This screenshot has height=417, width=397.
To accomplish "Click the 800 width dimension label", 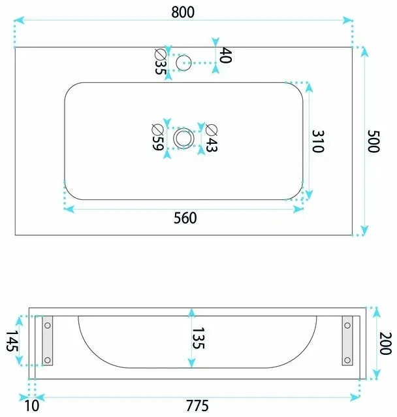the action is (x=183, y=12).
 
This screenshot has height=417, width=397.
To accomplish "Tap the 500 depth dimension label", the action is (x=373, y=141).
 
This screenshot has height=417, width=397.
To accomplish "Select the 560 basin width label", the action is (x=185, y=218).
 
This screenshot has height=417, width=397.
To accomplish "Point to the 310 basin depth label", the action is (x=318, y=141).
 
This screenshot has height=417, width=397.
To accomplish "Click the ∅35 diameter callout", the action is (x=161, y=61).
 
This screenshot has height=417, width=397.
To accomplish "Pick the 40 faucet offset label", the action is (x=226, y=56).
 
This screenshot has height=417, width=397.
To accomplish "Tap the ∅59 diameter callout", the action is (x=157, y=137).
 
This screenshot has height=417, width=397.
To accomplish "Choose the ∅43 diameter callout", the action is (x=212, y=138).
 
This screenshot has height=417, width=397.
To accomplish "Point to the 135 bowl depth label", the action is (x=198, y=338).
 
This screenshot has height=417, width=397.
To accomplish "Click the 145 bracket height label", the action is (x=12, y=341).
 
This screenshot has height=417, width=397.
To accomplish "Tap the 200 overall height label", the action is (x=385, y=343).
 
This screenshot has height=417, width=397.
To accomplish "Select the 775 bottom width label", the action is (x=197, y=406).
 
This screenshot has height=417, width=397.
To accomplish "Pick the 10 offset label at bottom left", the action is (x=32, y=406).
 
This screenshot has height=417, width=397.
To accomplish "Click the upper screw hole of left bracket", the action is (x=48, y=325).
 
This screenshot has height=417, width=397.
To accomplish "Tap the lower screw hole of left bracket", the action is (x=48, y=360).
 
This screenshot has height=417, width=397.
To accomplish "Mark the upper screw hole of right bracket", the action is (x=347, y=325).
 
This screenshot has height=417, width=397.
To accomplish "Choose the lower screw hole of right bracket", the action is (x=347, y=360).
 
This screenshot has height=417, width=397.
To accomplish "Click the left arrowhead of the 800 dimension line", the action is (x=18, y=20).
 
